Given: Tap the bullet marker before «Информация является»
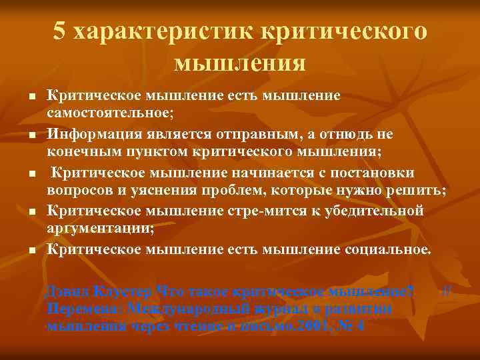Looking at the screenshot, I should (31, 136).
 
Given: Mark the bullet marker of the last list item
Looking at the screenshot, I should (31, 252).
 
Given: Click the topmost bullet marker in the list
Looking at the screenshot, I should (31, 97).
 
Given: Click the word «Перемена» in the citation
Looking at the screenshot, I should (84, 309).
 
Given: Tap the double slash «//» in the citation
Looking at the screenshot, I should (448, 291).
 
